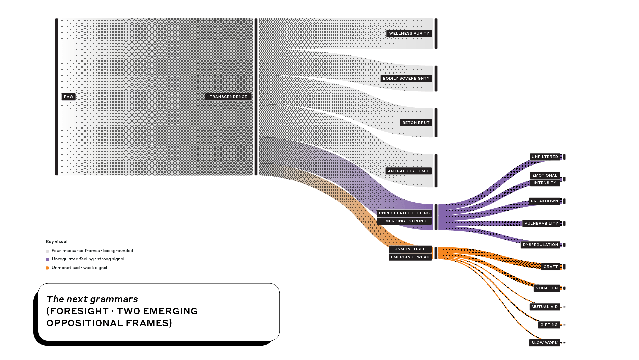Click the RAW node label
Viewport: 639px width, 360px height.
(69, 97)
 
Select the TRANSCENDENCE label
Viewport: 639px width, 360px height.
(228, 97)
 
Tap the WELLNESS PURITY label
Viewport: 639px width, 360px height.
(409, 33)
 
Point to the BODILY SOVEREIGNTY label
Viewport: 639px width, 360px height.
(406, 78)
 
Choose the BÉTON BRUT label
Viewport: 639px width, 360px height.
(416, 123)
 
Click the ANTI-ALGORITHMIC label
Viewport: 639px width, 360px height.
(409, 171)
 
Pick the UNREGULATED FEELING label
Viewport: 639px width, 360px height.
(404, 213)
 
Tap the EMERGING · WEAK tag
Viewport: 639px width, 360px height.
(410, 257)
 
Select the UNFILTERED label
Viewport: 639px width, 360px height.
(545, 157)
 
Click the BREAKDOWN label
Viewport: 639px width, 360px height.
(544, 201)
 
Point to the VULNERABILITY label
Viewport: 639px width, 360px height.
(541, 223)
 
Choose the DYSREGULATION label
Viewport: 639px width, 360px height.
(540, 245)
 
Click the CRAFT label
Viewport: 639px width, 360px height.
(551, 267)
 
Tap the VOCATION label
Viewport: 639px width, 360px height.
(547, 288)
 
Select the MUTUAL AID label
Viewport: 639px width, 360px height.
(544, 307)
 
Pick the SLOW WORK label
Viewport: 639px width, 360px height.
(544, 343)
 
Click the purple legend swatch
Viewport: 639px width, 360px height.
(47, 259)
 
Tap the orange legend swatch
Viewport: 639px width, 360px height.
(47, 268)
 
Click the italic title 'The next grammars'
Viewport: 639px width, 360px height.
(92, 299)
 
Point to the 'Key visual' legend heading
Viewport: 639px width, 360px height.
(57, 242)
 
